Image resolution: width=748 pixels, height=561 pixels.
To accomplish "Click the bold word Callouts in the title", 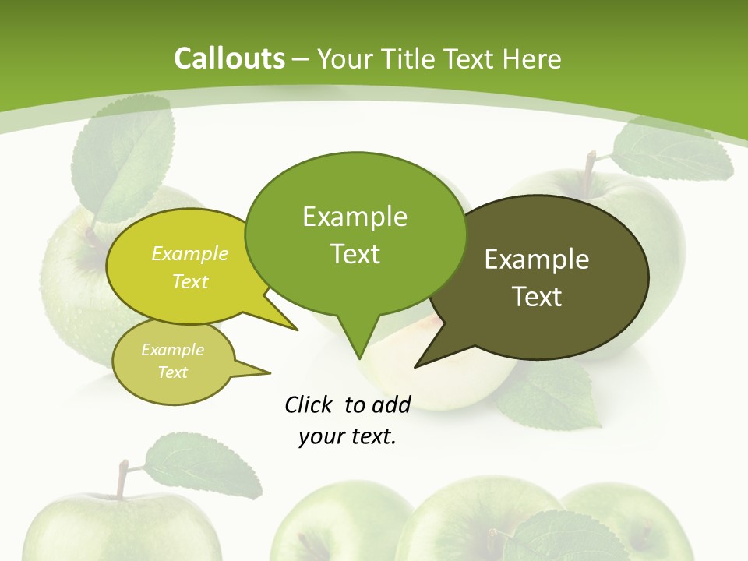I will coord(229,58).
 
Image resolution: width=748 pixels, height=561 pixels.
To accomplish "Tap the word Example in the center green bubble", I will coord(355,217).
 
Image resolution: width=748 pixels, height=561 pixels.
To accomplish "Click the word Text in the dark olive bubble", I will coord(537,297).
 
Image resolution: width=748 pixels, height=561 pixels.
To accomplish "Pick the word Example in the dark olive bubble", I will coord(537,259).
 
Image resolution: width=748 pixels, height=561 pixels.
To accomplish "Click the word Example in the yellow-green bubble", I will coord(189,254).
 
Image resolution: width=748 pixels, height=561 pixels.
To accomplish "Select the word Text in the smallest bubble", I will coord(173,372).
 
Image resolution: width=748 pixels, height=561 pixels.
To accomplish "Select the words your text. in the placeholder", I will coord(348,437).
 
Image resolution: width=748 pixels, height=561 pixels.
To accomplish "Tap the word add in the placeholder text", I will coord(390,404).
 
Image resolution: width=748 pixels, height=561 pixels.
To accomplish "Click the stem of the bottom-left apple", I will coord(122,479).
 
